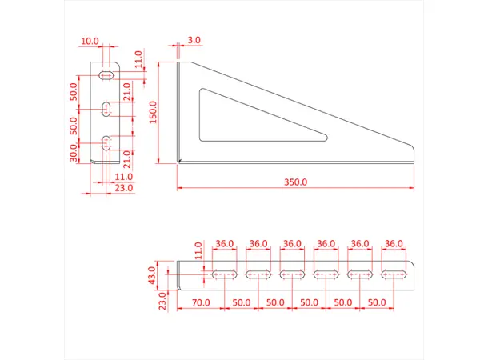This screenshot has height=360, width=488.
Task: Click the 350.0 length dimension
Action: click(295, 182)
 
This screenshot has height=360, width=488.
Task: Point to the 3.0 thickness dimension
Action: click(194, 39)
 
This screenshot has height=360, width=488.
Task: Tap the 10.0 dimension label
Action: click(90, 40)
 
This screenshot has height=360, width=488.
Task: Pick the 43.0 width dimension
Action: click(154, 276)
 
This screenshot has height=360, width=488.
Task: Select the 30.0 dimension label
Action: click(74, 150)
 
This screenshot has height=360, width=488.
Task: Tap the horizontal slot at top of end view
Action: click(106, 75)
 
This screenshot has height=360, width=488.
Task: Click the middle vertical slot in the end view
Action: click(106, 107)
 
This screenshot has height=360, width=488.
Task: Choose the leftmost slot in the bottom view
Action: click(225, 274)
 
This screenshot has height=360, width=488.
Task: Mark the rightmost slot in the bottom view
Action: click(394, 274)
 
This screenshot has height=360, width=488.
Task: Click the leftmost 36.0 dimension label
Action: click(225, 243)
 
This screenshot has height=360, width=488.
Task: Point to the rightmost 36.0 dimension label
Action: click(394, 243)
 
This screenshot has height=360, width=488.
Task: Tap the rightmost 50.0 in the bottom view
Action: click(377, 304)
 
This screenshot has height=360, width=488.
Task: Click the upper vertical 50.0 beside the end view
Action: click(74, 91)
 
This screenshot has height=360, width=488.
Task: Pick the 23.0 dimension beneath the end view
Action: click(123, 188)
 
